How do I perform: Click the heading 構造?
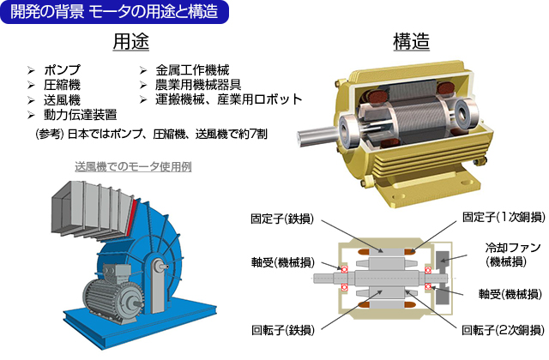pyautogui.click(x=411, y=41)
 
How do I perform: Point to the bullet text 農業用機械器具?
pyautogui.click(x=198, y=85)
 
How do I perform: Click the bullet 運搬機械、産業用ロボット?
pyautogui.click(x=228, y=99)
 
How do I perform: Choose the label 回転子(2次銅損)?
pyautogui.click(x=502, y=329)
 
